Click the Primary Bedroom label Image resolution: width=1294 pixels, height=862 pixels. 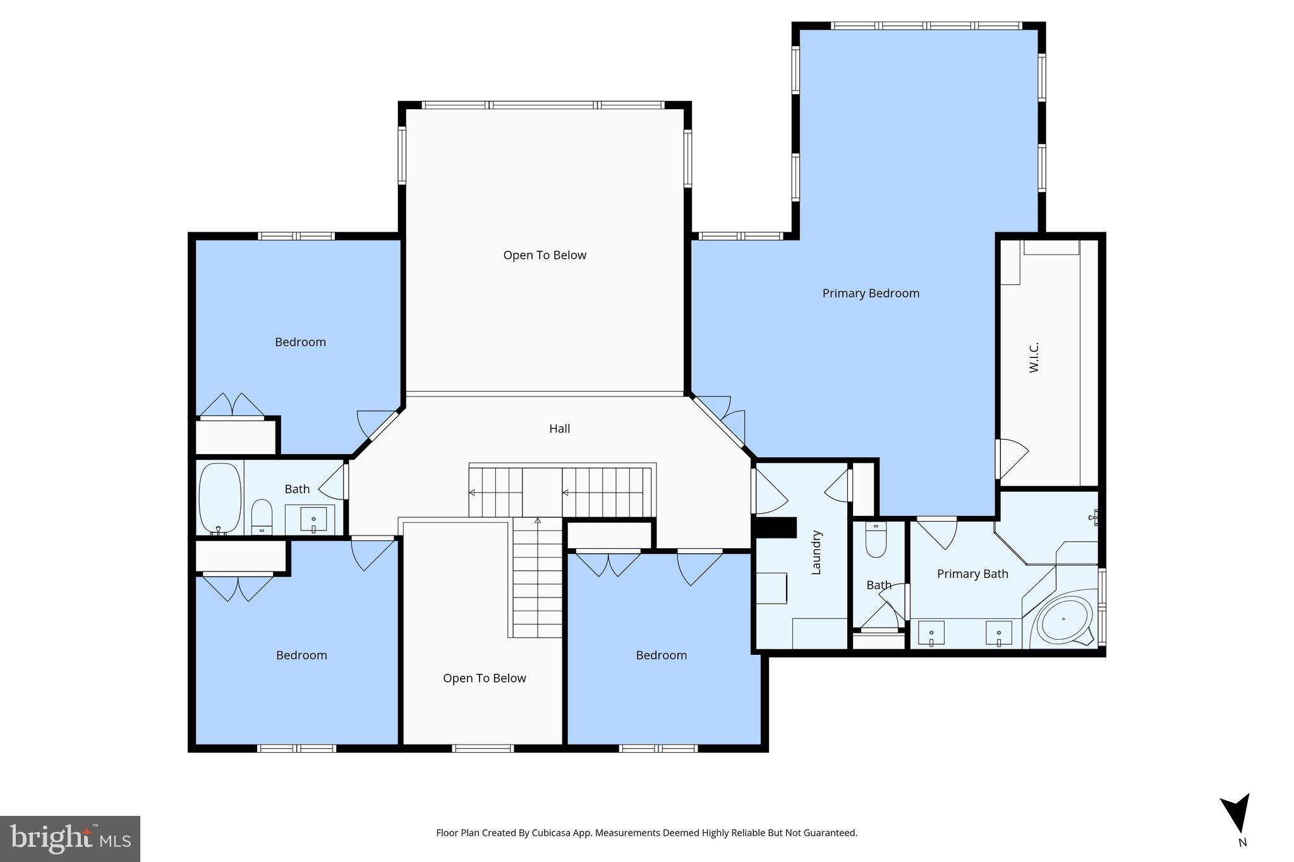click(871, 293)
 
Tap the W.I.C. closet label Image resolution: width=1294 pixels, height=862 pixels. click(1034, 357)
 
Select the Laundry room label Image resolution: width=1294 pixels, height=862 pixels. click(816, 552)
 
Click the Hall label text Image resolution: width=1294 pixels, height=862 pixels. click(559, 429)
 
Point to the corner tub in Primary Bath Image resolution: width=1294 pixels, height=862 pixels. click(1065, 620)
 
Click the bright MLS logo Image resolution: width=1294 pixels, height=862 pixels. click(70, 839)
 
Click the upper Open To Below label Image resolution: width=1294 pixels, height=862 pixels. click(545, 255)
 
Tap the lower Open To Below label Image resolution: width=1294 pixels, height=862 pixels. click(484, 678)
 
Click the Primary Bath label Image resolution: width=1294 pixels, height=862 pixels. click(972, 573)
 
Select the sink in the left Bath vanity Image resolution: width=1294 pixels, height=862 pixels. click(313, 520)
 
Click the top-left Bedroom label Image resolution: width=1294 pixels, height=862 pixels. click(300, 342)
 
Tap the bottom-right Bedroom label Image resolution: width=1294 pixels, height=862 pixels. click(661, 655)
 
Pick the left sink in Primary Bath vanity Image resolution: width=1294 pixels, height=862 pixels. click(931, 633)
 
